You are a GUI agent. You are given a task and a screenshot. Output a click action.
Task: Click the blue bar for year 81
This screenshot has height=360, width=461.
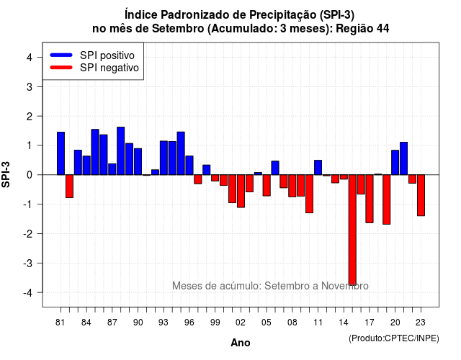pos(61,153)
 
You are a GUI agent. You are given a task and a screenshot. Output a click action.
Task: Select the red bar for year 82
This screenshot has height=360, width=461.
pos(69,186)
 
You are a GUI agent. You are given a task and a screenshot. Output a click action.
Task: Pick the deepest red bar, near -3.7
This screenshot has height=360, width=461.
pos(352,230)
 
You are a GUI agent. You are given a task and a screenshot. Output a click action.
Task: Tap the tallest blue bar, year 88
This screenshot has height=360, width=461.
pos(120,151)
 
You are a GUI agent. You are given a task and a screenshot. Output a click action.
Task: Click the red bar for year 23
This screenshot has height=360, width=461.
pos(421,195)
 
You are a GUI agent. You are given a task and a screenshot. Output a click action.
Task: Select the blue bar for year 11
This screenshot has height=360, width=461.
pos(318,168)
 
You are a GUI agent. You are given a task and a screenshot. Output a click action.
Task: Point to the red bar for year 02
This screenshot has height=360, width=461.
pos(241,192)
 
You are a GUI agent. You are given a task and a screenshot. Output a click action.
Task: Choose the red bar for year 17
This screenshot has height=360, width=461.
pos(370,199)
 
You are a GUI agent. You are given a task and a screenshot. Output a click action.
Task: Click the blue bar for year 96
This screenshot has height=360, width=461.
pos(189,166)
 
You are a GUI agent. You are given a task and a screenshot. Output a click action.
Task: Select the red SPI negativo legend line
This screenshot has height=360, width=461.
pos(61,68)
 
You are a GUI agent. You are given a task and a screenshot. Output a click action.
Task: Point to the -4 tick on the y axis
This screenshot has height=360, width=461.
pos(40,292)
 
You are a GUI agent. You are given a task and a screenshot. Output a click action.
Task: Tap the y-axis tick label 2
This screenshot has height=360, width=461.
pos(30,117)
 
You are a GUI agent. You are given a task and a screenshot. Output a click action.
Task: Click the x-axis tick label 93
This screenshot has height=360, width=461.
pos(164,323)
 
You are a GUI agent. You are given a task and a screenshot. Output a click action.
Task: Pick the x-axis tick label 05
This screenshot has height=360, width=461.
pos(267,323)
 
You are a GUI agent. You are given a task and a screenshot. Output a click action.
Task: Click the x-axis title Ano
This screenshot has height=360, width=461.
pos(241,343)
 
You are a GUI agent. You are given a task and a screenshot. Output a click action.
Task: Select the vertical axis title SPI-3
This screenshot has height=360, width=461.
pos(6,174)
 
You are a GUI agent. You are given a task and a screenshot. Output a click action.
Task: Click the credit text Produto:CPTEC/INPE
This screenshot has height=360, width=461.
pos(394,338)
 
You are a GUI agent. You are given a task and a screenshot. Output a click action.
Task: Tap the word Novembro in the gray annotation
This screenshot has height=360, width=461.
pos(344,286)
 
